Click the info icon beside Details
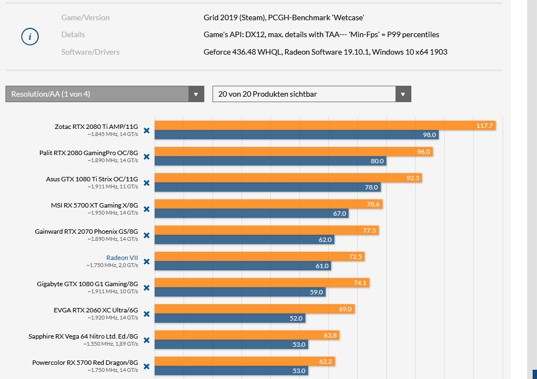coord(30,37)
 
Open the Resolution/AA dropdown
coord(104,94)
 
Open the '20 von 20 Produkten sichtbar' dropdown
coord(311,94)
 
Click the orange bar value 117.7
coord(484,126)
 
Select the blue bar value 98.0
coord(429,135)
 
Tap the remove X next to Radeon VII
coord(146,262)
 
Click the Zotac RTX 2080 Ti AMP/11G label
coord(96,127)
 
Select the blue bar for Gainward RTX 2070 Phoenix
coord(244,240)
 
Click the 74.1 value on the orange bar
coord(361,283)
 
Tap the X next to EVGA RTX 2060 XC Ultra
coord(146,314)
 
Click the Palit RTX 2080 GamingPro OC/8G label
coord(88,153)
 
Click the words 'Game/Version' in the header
coord(85,17)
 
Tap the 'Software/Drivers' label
coord(90,52)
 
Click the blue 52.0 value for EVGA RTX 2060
coord(296,318)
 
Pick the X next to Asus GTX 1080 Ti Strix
coord(146,183)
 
